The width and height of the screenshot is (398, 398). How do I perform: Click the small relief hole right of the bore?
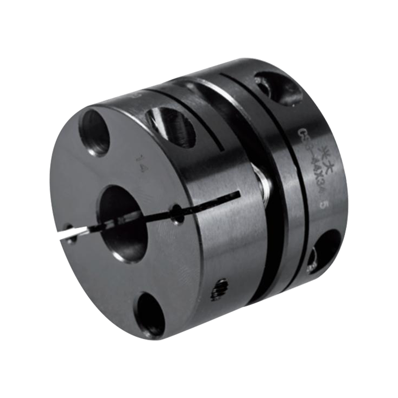click(177, 214)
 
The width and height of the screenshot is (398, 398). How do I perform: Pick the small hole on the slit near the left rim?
click(71, 234)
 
